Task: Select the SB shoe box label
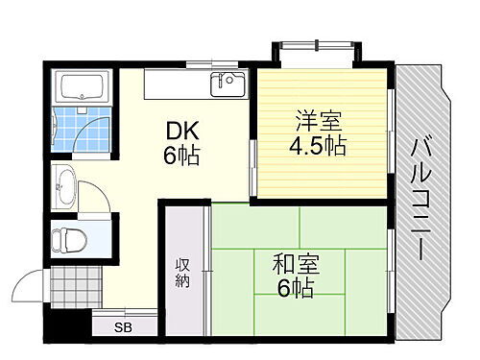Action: click(124, 327)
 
